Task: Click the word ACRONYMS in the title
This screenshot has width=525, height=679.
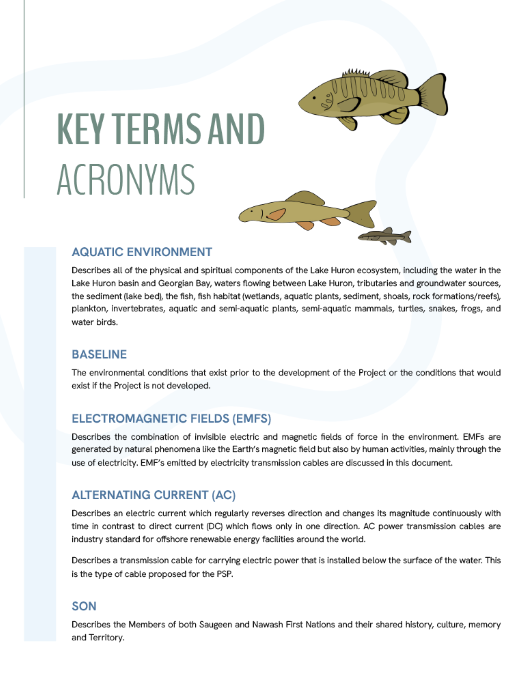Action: [x=126, y=180]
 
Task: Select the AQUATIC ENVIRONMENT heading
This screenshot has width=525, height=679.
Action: [x=142, y=252]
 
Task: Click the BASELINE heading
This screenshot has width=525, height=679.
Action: [x=99, y=354]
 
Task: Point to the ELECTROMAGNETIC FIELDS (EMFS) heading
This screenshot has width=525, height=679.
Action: [x=171, y=419]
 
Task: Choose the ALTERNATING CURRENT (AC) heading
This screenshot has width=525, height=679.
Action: [x=154, y=495]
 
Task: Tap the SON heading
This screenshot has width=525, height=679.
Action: [x=84, y=606]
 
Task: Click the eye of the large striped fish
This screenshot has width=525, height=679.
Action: [x=314, y=98]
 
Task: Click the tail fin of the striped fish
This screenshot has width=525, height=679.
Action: [x=434, y=95]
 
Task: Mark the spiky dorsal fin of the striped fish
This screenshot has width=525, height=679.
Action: [x=356, y=73]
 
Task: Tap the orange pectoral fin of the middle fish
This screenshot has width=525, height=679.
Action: [x=276, y=214]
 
